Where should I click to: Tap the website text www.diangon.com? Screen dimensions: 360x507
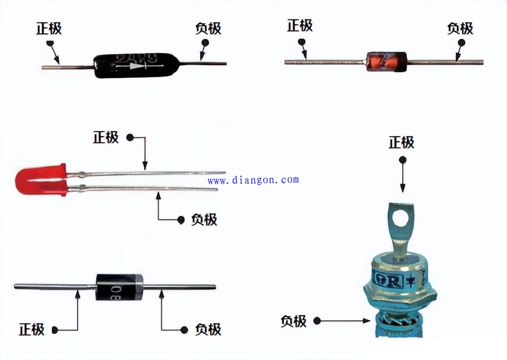pos(253,179)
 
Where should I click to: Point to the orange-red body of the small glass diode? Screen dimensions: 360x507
pos(384,62)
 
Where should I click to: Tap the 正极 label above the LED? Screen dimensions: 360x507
pos(106,137)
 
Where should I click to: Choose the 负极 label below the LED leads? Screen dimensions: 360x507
pos(204,220)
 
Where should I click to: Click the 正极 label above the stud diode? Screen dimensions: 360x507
pos(401,143)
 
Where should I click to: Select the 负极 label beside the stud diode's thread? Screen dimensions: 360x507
pos(294,321)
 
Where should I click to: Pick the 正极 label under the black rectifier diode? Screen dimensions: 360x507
pos(32,329)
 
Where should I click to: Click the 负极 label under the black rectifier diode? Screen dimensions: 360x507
pos(208,329)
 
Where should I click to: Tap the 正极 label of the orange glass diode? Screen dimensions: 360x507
pos(300,25)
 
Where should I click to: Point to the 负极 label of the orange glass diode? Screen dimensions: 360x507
pos(460,28)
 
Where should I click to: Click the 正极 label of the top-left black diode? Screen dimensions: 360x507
pos(49,28)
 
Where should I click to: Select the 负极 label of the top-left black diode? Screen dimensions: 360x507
pos(208,28)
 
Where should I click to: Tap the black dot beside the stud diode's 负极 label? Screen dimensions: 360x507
pos(317,321)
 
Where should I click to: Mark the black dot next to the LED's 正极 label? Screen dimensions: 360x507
pos(130,137)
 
